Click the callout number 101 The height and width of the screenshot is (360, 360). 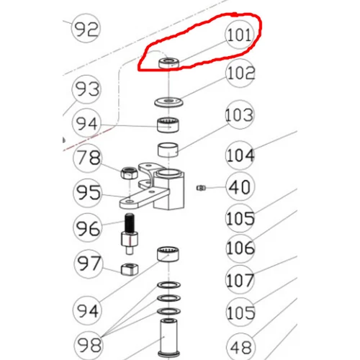point(239,35)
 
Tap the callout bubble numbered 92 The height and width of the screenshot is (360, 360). point(86,28)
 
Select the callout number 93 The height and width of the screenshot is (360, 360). point(86,89)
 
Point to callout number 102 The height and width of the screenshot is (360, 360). point(240,73)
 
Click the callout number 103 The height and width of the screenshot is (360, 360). point(239,115)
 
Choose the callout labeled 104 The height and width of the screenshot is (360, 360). point(240,156)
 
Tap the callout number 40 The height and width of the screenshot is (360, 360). point(240,186)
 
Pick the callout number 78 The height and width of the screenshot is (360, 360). point(88,158)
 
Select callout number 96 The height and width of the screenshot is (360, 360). point(87,228)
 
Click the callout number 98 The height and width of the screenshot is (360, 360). point(89,345)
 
